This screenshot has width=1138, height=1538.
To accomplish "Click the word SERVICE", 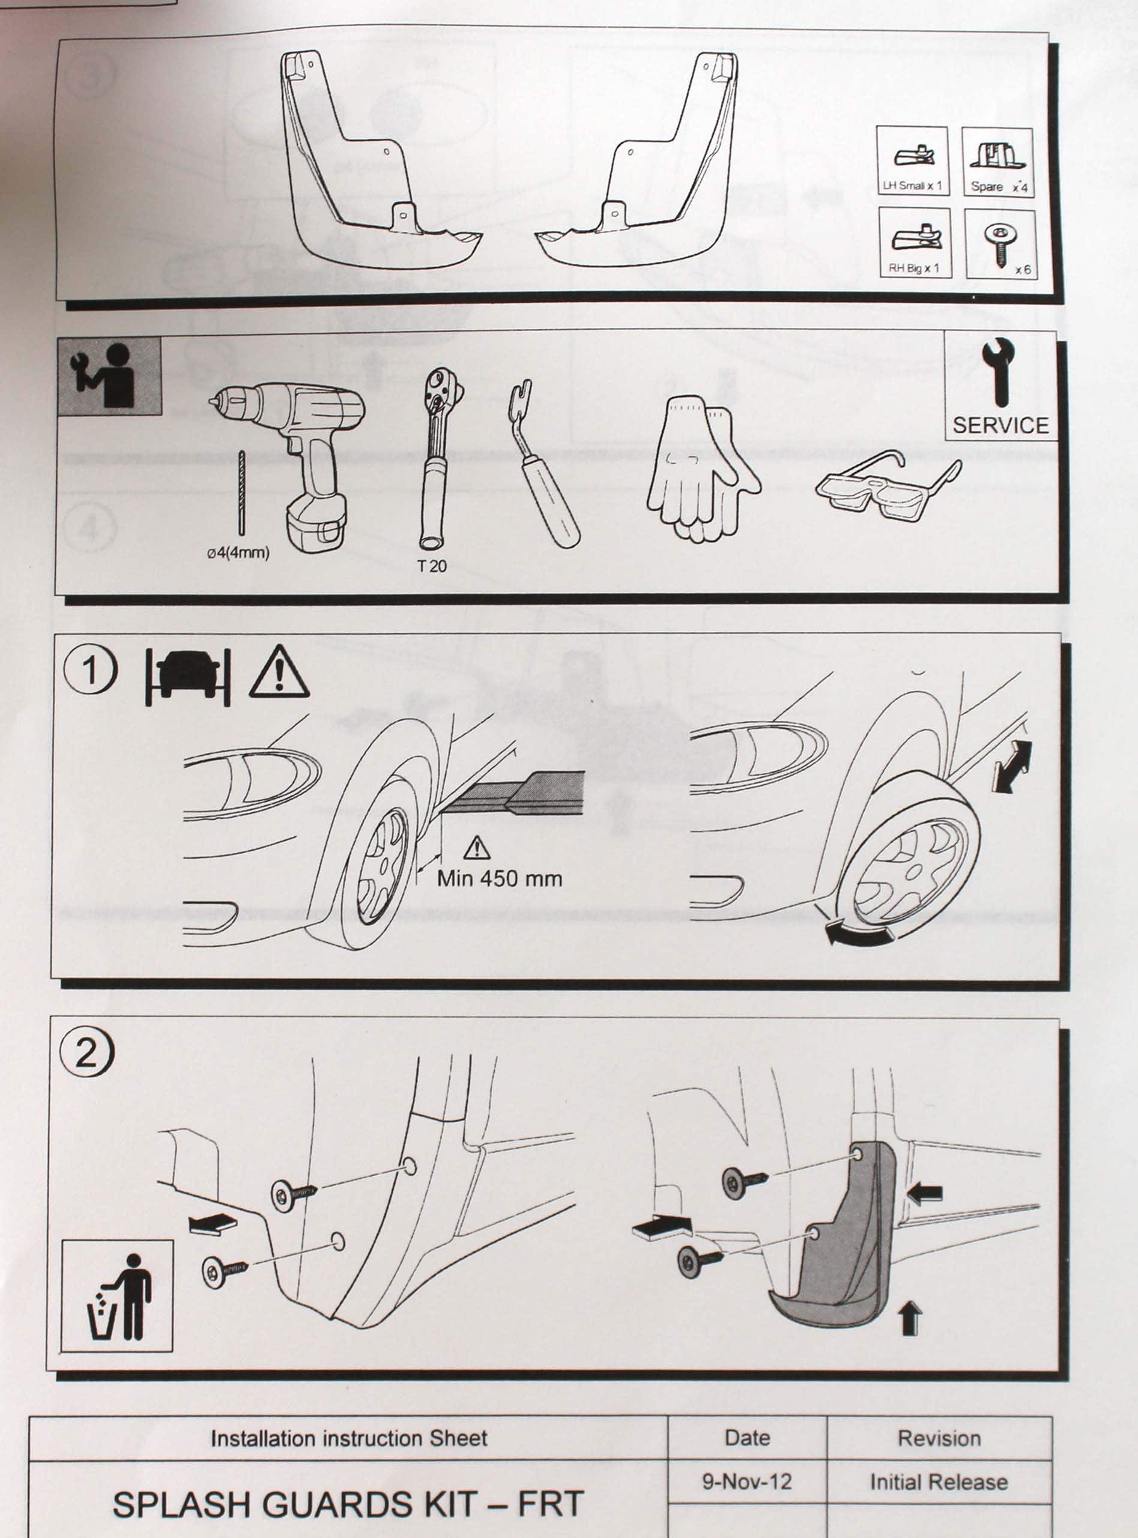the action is (1001, 425).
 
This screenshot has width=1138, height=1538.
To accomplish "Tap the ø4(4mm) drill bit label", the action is (238, 553).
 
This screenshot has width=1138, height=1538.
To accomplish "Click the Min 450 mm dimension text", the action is (500, 878).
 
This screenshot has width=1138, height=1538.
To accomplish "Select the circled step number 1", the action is (90, 670).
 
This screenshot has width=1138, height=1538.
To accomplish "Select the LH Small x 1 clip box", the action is (912, 161).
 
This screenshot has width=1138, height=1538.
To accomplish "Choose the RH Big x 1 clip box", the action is (915, 243).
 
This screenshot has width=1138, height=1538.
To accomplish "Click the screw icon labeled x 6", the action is (1000, 245).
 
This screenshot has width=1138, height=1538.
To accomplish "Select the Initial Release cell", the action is (939, 1481).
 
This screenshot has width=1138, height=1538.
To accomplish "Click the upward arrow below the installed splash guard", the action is (910, 1318).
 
